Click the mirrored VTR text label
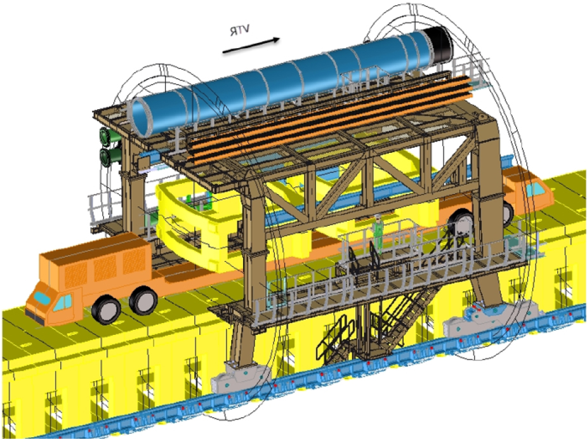coord(240,30)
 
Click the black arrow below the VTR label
coord(251,45)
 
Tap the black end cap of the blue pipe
coord(442,46)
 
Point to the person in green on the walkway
coord(378,233)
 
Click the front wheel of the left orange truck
coord(106,309)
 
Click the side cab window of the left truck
coord(63,302)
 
